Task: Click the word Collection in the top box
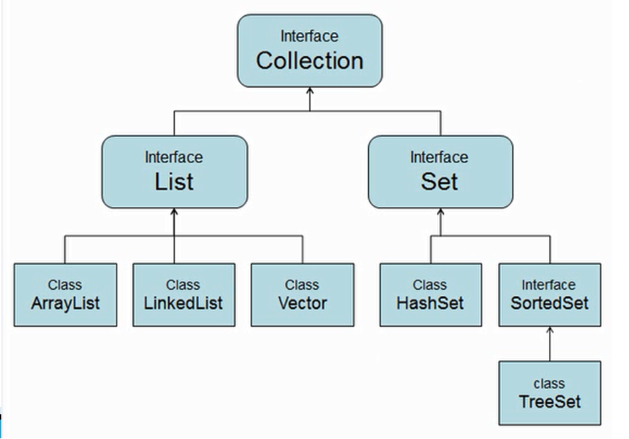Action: pos(310,60)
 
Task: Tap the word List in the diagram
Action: pos(174,181)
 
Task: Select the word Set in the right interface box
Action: pos(440,181)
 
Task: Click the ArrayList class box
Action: pos(65,294)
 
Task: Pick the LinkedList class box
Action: pos(183,294)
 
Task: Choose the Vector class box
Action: pos(303,294)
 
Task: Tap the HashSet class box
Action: pos(430,294)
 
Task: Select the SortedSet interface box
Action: pos(550,294)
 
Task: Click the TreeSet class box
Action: pos(550,393)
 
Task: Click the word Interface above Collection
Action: pos(309,36)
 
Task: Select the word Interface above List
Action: pos(173,157)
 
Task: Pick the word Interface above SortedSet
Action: pos(549,284)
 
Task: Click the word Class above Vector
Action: pos(302,284)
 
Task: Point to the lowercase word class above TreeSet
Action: pos(549,383)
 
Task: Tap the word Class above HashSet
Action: pos(430,284)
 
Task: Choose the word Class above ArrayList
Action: pos(65,284)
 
